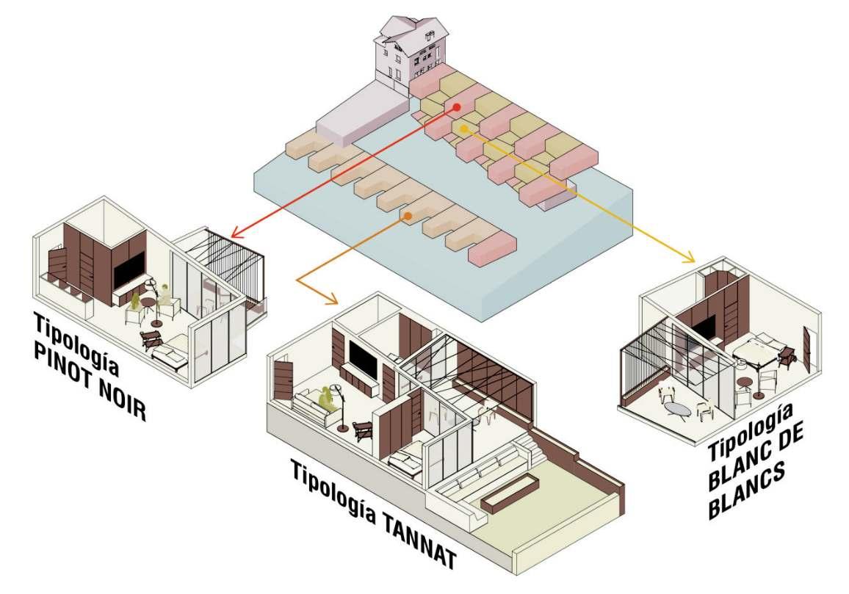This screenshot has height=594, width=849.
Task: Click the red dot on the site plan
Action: pos(457,107)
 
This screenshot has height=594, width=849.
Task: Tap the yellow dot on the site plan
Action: pos(464,128)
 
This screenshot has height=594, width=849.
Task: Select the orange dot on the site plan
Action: pos(407,216)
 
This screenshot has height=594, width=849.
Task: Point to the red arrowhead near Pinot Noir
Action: pos(237,233)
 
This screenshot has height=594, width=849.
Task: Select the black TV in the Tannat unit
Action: pos(364,358)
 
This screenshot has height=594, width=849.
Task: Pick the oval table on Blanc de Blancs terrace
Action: pos(678,409)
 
